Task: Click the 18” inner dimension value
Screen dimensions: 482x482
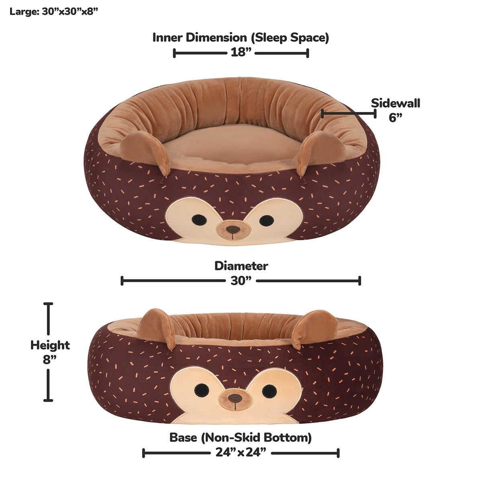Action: (x=241, y=53)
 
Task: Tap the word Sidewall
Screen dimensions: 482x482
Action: (x=395, y=103)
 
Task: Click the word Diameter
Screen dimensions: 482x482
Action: (x=241, y=266)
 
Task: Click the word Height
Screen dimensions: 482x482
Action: (x=50, y=345)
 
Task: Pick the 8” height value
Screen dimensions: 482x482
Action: (x=49, y=359)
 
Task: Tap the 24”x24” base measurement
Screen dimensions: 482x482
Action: (x=241, y=453)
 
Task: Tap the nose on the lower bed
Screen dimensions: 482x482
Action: (x=235, y=398)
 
